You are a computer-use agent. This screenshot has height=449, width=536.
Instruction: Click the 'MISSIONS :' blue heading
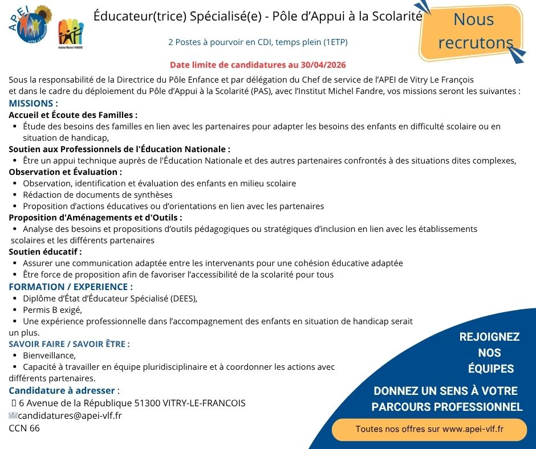[33, 104]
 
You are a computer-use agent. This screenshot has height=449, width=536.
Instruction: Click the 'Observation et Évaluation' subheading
[65, 172]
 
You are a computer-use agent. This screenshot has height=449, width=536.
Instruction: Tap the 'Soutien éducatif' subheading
[45, 251]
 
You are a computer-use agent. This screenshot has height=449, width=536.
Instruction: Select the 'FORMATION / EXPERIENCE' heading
[71, 287]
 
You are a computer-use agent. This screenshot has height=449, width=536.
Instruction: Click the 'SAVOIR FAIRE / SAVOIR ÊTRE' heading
[69, 344]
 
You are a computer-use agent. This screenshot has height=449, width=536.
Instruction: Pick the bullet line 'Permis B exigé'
[52, 310]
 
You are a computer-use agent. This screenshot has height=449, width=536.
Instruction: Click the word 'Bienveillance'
[49, 356]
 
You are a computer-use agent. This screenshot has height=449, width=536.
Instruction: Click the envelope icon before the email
[13, 415]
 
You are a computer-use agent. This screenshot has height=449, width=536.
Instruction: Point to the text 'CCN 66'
[25, 428]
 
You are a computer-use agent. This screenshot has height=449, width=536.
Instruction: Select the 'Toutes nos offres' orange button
[429, 428]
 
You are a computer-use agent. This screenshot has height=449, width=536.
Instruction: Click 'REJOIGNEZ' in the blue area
[489, 337]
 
